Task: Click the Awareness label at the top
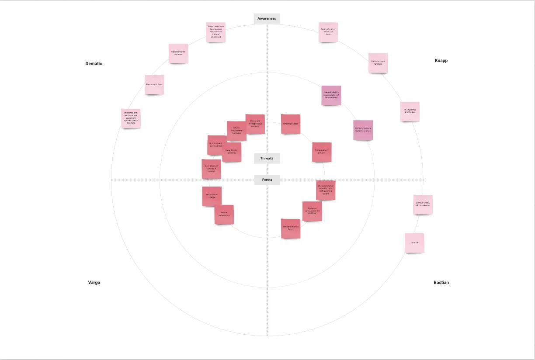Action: (x=267, y=18)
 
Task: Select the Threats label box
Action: (x=267, y=158)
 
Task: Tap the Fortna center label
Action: (x=267, y=180)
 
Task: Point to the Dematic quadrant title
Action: (x=94, y=64)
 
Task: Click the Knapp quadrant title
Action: (x=441, y=61)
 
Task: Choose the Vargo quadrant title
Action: (x=94, y=283)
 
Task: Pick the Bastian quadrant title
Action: (x=441, y=283)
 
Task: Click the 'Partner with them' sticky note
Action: (x=154, y=85)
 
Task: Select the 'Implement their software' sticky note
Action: (x=178, y=53)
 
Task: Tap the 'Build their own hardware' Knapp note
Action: (x=378, y=63)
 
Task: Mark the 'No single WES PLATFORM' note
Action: (x=410, y=111)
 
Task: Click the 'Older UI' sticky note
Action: (x=414, y=243)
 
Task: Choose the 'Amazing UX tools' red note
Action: (x=290, y=124)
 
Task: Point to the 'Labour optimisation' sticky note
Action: (x=224, y=215)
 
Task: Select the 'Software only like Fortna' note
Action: (x=290, y=228)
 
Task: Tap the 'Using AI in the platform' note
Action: (x=232, y=152)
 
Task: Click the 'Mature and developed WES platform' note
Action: (x=255, y=124)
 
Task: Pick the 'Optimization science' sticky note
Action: (x=212, y=197)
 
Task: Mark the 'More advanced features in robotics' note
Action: (x=211, y=169)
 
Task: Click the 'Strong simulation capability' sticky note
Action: (x=326, y=190)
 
